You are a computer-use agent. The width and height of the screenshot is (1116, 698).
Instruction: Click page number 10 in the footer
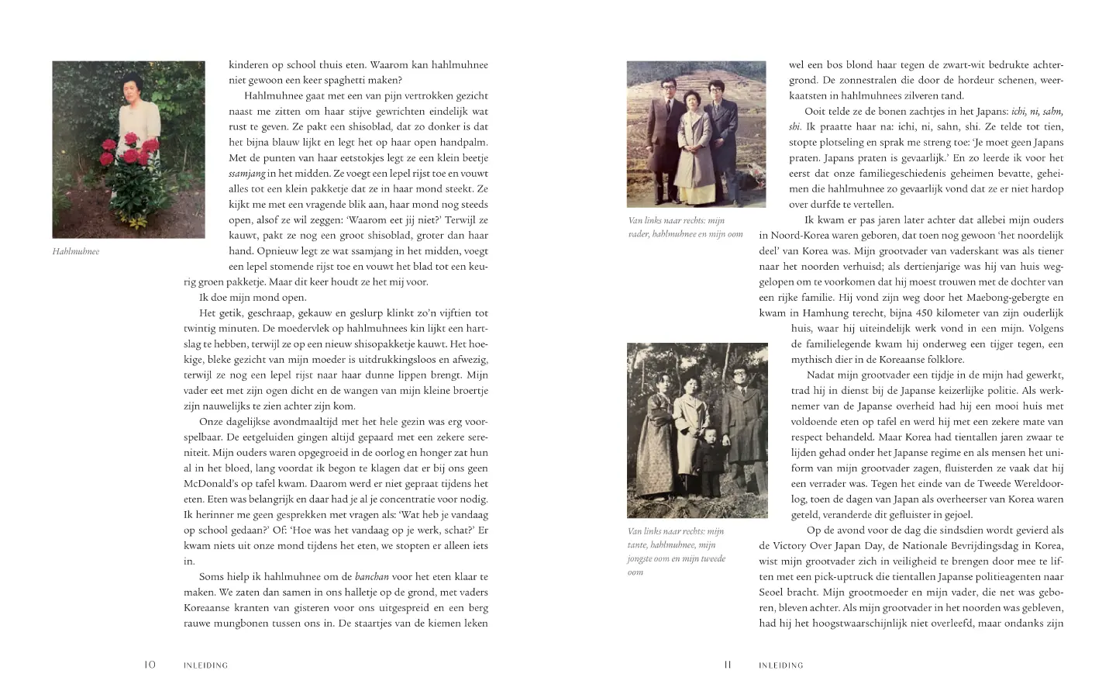(150, 665)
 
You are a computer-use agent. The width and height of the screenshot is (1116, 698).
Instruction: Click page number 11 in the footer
(727, 665)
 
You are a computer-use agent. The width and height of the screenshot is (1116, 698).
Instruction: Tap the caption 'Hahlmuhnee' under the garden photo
(76, 251)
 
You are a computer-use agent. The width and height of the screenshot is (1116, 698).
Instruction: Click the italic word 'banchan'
(372, 576)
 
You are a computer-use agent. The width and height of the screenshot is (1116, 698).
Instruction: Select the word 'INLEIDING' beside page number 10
(205, 665)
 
